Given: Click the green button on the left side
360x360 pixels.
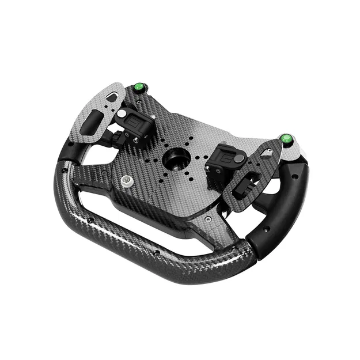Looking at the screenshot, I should [x=138, y=88].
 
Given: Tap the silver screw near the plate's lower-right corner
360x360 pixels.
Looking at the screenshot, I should [x=208, y=220].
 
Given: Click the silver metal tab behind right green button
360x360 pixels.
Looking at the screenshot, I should [x=294, y=151].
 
